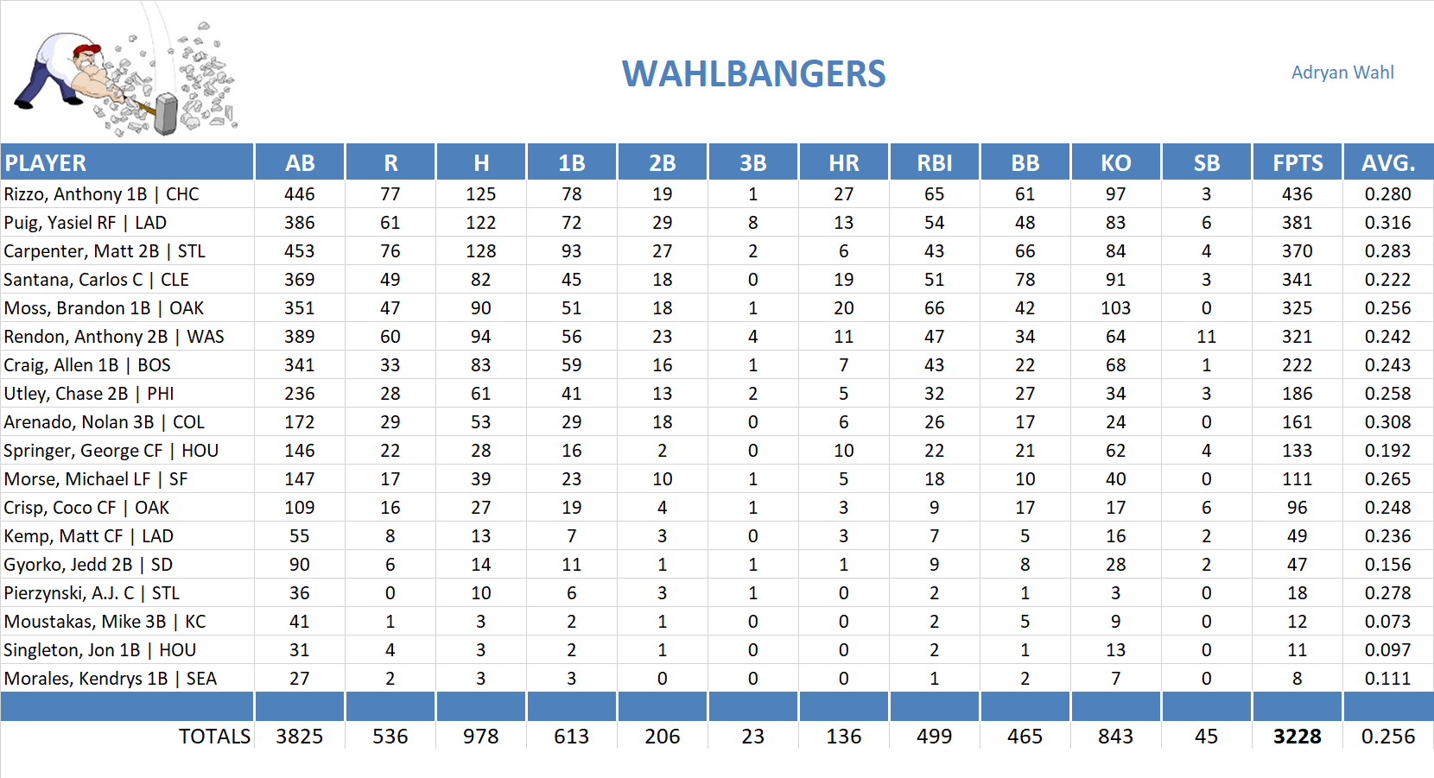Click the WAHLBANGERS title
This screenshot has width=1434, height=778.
[753, 74]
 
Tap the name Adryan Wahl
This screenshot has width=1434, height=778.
[1342, 73]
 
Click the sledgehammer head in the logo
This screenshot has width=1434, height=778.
[165, 115]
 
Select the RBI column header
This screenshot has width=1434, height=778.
[934, 162]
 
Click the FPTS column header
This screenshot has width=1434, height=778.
[1297, 162]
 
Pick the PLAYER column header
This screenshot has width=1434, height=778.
[46, 162]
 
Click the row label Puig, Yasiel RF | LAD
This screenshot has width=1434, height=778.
[86, 223]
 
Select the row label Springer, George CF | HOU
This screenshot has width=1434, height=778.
[111, 451]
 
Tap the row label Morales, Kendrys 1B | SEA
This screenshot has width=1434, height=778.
[110, 679]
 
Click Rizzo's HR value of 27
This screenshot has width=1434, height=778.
[843, 194]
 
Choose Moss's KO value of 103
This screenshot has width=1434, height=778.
[1115, 308]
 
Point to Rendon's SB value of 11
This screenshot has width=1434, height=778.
[1206, 337]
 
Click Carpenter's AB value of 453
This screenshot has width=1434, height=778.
[299, 251]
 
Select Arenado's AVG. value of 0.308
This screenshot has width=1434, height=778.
[1387, 422]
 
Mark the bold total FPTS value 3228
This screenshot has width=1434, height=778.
[1297, 737]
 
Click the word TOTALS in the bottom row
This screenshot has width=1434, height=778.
[214, 737]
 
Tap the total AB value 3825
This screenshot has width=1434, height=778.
[299, 737]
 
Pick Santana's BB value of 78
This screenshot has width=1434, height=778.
[1025, 280]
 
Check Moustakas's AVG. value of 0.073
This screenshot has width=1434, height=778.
[1387, 622]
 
